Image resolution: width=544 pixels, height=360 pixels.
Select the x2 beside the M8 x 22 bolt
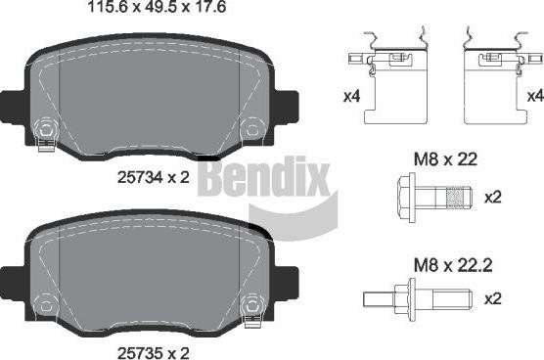[495, 198]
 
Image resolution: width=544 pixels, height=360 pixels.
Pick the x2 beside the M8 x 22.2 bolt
[495, 298]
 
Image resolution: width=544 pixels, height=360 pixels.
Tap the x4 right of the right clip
[534, 96]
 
